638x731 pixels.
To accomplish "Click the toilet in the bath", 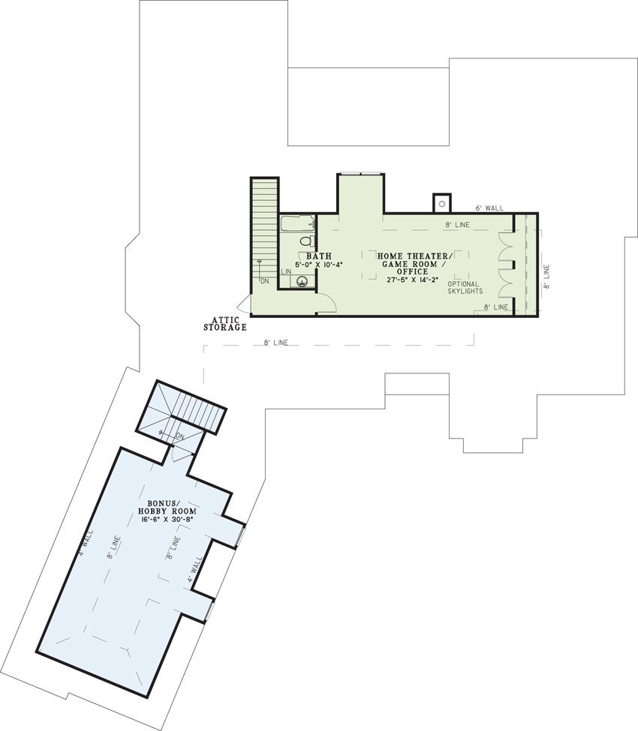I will point(305,241).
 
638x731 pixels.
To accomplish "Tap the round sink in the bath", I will point(302,282).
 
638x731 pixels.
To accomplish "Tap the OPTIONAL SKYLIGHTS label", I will point(465,288).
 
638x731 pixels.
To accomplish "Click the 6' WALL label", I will point(489,208).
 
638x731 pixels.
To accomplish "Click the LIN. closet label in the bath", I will point(286,271).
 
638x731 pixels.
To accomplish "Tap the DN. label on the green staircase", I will point(265,281).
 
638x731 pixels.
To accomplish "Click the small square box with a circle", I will point(442,202).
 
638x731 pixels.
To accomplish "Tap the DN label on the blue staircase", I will point(179,436).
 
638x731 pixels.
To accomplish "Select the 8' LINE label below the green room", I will point(275,343).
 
